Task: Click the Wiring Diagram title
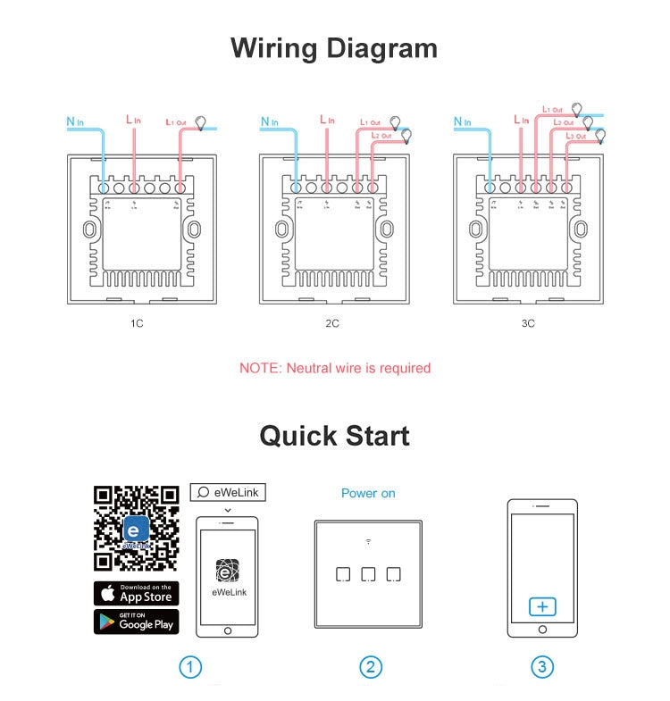pos(334,47)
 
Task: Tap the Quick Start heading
pos(334,436)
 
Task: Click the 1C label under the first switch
pos(136,323)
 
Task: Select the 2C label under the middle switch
pos(332,323)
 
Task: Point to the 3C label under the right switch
pos(528,323)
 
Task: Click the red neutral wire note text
pos(334,368)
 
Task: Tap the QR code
pos(136,528)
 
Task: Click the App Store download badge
pos(136,593)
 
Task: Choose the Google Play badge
pos(136,622)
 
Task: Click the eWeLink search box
pos(228,492)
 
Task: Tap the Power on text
pos(368,493)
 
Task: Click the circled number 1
pos(189,667)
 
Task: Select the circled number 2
pos(371,667)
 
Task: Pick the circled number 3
pos(541,667)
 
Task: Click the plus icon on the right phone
pos(542,607)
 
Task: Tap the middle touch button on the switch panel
pos(368,574)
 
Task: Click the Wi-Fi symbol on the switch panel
pos(368,541)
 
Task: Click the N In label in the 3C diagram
pos(462,121)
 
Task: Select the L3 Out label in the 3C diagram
pos(574,136)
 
